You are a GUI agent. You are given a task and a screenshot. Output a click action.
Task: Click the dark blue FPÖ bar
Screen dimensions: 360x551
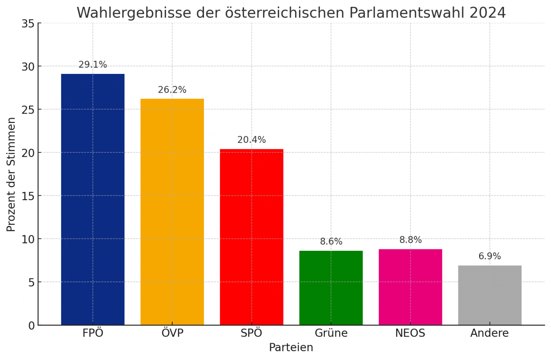[x=93, y=199]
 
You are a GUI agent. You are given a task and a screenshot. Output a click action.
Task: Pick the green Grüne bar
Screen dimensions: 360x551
[x=331, y=288]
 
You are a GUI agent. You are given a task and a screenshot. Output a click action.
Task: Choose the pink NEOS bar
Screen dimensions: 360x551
[x=410, y=287]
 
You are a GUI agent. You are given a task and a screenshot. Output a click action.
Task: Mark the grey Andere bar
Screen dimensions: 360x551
[x=490, y=295]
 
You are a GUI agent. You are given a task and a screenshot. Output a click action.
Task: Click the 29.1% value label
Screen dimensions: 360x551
[x=93, y=65]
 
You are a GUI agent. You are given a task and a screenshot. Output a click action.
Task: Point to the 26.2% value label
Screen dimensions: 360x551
[x=172, y=90]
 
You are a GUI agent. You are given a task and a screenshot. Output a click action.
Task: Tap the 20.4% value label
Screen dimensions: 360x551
[x=251, y=140]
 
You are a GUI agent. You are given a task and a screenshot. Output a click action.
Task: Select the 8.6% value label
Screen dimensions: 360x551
[x=331, y=242]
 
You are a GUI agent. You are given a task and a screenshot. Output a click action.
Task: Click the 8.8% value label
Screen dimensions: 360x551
[x=411, y=240]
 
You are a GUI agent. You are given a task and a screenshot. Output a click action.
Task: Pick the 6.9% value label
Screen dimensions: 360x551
[x=490, y=256]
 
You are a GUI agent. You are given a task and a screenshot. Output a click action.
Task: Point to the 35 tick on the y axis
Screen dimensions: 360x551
[x=28, y=24]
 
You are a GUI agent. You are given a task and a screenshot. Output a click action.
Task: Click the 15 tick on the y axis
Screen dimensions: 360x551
[x=28, y=196]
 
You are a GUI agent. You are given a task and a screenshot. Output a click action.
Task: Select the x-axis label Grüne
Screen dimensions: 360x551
[x=331, y=333]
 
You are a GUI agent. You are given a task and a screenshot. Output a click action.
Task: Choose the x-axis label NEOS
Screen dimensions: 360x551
[x=410, y=333]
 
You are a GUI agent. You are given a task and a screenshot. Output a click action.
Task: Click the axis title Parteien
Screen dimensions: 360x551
[x=291, y=347]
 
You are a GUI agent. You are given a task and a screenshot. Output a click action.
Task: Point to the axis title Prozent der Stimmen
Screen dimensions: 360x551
[x=11, y=174]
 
